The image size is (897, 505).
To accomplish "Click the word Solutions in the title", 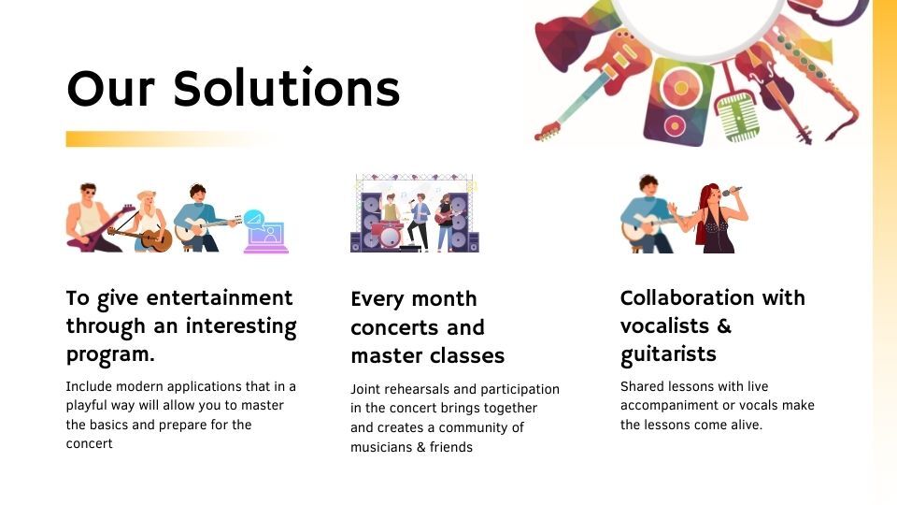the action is click(287, 88).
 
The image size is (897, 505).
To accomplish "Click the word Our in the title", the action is click(111, 89).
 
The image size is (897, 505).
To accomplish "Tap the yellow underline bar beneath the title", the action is click(169, 139).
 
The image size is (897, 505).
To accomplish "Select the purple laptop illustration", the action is click(266, 238).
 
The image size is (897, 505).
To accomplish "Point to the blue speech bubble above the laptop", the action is click(253, 219).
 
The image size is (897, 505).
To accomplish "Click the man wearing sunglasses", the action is click(92, 219).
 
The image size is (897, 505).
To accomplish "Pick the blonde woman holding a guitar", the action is click(148, 223).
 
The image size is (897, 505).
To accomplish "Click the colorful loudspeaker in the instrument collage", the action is click(678, 101).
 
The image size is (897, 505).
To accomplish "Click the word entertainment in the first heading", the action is click(220, 297).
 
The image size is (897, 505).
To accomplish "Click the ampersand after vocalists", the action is click(723, 325).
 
